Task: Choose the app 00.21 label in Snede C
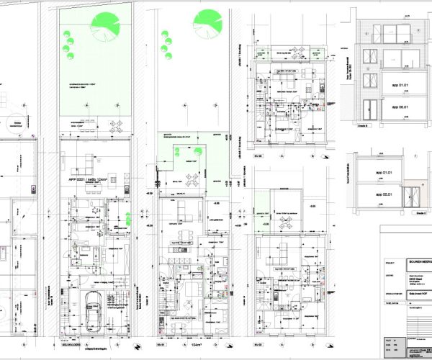point(382,194)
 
